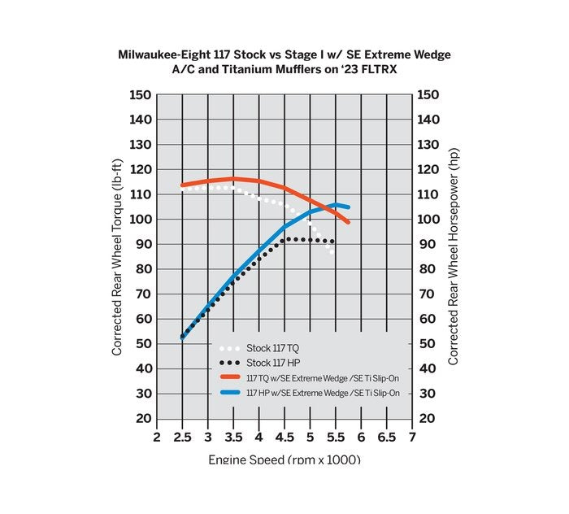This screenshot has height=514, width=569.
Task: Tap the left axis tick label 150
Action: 141,95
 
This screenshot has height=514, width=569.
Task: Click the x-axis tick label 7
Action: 412,437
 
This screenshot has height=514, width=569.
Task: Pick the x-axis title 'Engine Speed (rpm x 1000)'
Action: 284,460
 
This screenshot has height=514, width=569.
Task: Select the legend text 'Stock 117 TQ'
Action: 272,347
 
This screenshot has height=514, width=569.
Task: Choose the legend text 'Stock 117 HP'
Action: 272,363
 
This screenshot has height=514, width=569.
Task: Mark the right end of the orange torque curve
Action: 347,221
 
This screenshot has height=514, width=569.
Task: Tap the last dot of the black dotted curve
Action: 332,242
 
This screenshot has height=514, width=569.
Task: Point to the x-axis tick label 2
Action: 157,437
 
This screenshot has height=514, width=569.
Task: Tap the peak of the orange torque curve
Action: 234,178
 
